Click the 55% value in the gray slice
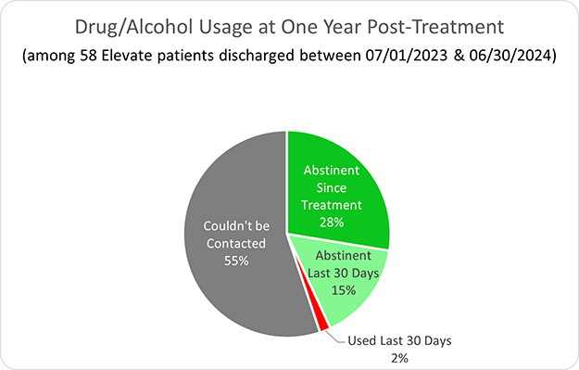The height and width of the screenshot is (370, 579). click(x=235, y=262)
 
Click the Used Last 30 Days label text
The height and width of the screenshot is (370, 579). click(x=402, y=340)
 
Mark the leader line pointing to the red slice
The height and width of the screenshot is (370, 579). click(x=336, y=336)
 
